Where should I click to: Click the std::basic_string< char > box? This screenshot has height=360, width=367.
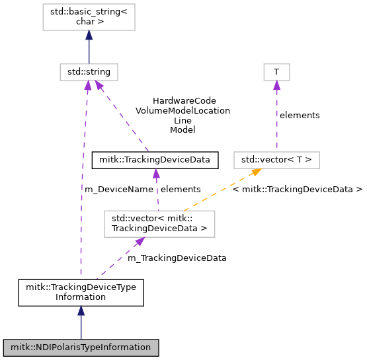click(89, 17)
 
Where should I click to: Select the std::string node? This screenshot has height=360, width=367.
click(89, 72)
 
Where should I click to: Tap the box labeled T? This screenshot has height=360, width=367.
click(276, 72)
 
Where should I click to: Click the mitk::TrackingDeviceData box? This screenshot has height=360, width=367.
click(155, 160)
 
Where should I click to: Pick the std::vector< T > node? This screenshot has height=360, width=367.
click(276, 160)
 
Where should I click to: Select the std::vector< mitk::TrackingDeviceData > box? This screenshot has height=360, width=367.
click(159, 224)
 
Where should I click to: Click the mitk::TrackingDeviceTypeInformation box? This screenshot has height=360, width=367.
click(81, 293)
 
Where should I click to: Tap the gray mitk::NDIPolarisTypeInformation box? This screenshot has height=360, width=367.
click(81, 347)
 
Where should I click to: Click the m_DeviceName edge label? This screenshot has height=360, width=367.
click(119, 190)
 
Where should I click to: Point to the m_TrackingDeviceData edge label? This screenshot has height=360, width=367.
click(177, 258)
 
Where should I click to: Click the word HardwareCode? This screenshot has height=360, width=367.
click(184, 101)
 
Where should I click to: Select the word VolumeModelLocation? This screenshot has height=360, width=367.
click(183, 110)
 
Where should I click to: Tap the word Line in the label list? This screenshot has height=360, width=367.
click(183, 121)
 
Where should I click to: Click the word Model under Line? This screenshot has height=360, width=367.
click(183, 130)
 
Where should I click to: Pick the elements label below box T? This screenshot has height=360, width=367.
click(300, 116)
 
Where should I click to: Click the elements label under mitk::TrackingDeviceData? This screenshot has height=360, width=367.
click(181, 190)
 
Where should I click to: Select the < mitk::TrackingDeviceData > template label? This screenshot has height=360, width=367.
click(298, 190)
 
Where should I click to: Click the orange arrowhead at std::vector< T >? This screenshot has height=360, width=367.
click(257, 172)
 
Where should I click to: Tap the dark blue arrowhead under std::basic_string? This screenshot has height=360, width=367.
click(89, 35)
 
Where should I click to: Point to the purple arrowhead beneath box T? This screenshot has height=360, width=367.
click(276, 85)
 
